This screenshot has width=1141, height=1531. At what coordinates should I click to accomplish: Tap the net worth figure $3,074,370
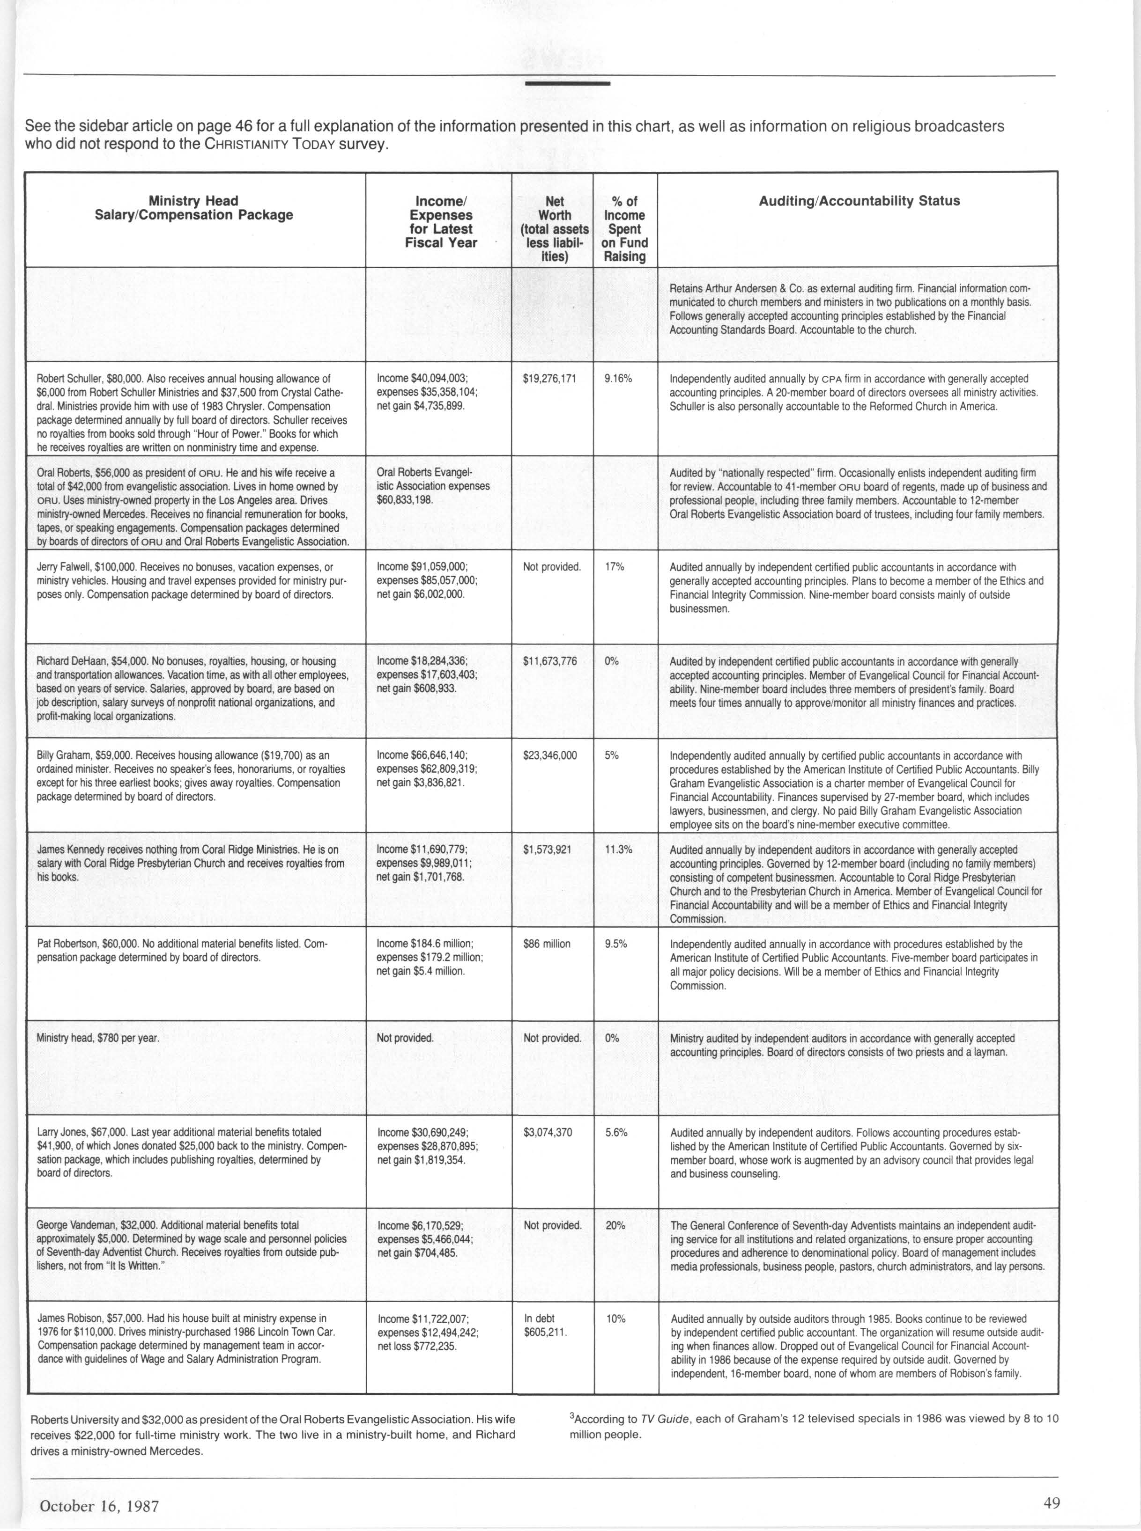(x=548, y=1133)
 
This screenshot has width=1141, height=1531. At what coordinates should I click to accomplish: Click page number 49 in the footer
(x=1052, y=1503)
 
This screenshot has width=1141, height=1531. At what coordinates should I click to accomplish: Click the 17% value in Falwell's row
(x=615, y=567)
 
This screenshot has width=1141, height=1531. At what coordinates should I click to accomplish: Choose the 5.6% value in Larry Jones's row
(x=616, y=1133)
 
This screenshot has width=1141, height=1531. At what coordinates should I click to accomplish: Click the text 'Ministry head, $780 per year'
(x=97, y=1038)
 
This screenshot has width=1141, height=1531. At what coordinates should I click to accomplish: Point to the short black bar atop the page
(x=567, y=83)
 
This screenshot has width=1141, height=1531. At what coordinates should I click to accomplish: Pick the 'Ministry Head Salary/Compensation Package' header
(x=193, y=208)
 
